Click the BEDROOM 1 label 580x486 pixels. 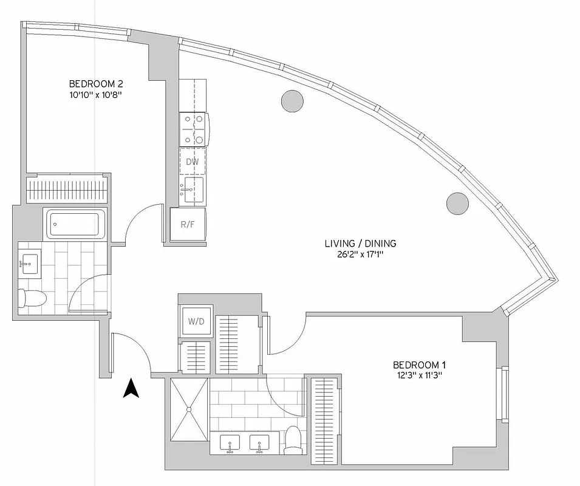click(x=420, y=364)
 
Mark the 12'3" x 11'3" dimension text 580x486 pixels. click(x=420, y=375)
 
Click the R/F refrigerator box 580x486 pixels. click(x=188, y=224)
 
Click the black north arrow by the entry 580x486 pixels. click(x=131, y=388)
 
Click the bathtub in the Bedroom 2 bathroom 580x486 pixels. click(x=75, y=225)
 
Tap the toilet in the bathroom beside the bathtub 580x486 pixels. click(x=32, y=298)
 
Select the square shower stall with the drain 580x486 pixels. click(x=189, y=409)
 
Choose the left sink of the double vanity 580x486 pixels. click(x=231, y=443)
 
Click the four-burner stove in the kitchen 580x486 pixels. click(x=194, y=129)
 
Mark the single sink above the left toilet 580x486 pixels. click(x=29, y=264)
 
